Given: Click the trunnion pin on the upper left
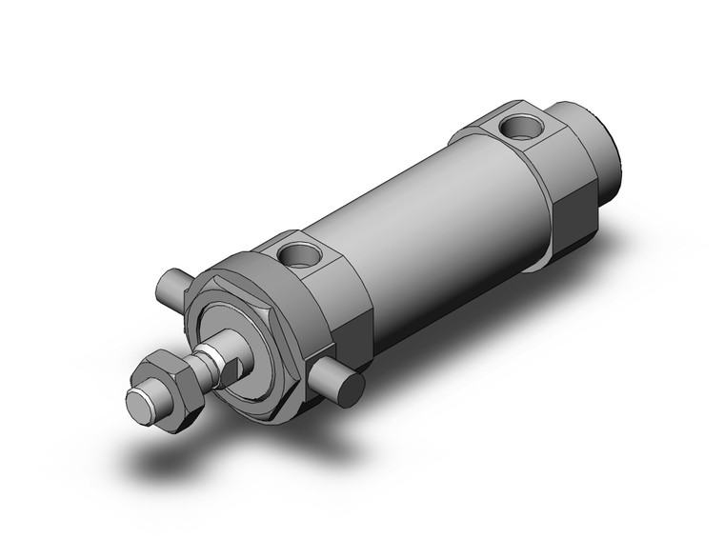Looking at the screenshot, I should tap(172, 284).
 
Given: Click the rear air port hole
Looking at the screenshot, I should tap(520, 125).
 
